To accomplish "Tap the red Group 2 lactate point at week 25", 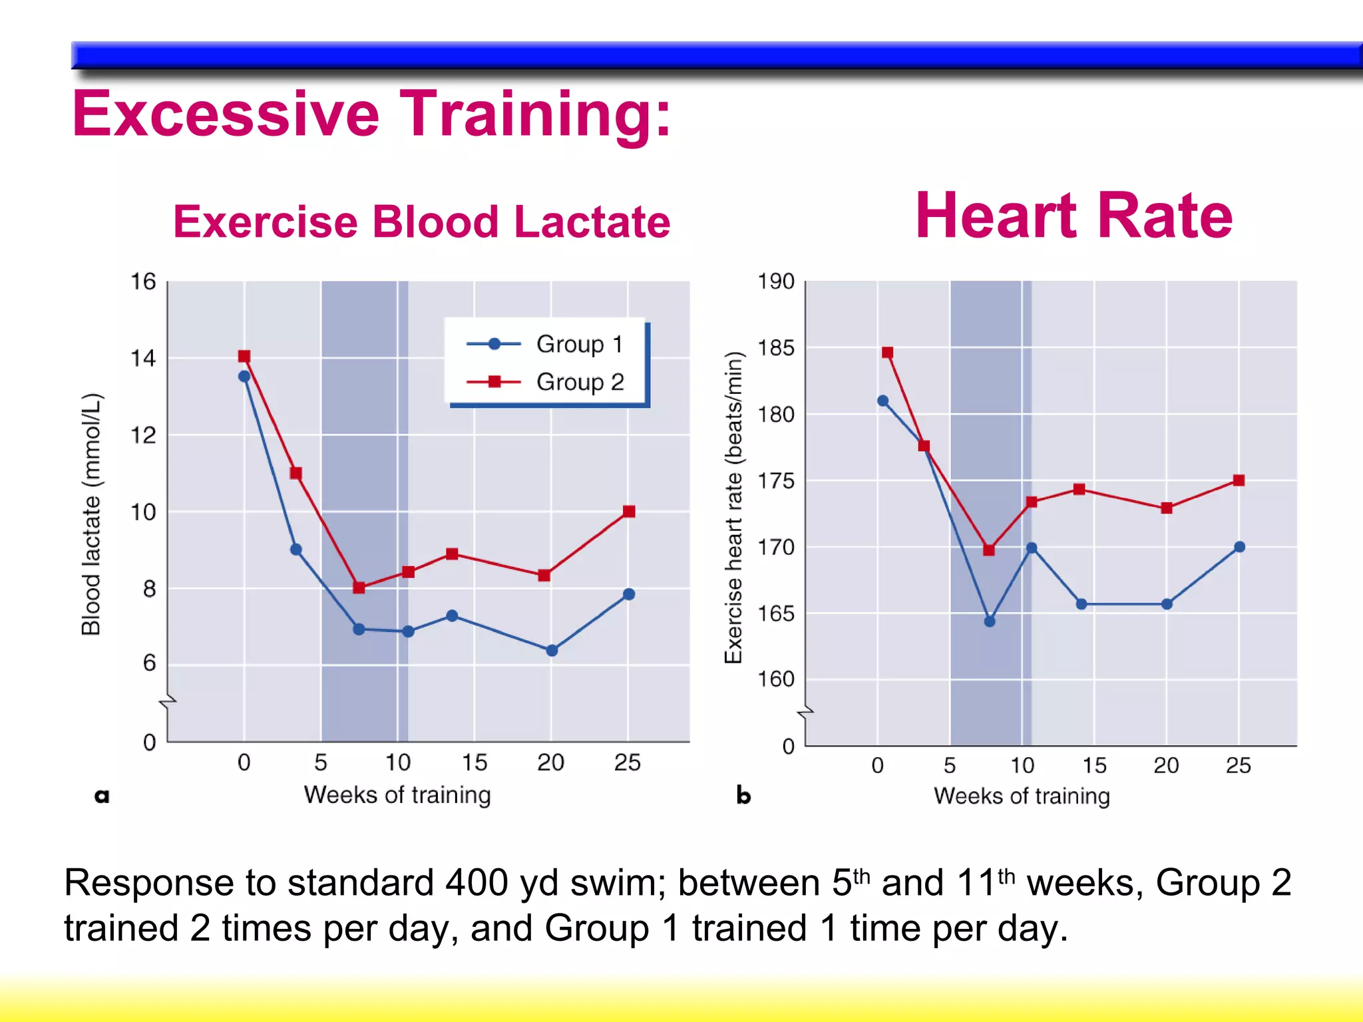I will pyautogui.click(x=629, y=511).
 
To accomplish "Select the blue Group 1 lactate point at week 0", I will pyautogui.click(x=244, y=377).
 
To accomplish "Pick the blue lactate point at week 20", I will pyautogui.click(x=552, y=650).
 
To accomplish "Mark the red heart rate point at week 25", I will pyautogui.click(x=1239, y=480).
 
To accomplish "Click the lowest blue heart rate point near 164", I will pyautogui.click(x=990, y=621).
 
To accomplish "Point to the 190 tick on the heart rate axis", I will pyautogui.click(x=776, y=281).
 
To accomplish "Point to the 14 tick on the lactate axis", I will pyautogui.click(x=142, y=359).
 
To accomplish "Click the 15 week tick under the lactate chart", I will pyautogui.click(x=475, y=763).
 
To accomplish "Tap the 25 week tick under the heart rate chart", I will pyautogui.click(x=1238, y=765).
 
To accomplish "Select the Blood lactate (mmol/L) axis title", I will pyautogui.click(x=91, y=514).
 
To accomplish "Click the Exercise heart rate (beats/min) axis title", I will pyautogui.click(x=733, y=507).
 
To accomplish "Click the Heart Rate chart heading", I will pyautogui.click(x=1073, y=216).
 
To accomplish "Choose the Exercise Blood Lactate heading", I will pyautogui.click(x=421, y=222).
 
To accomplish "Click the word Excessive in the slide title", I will pyautogui.click(x=226, y=114).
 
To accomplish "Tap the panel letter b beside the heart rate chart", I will pyautogui.click(x=743, y=795).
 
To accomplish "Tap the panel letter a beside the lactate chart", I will pyautogui.click(x=102, y=795).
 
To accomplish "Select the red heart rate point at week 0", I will pyautogui.click(x=887, y=353).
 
